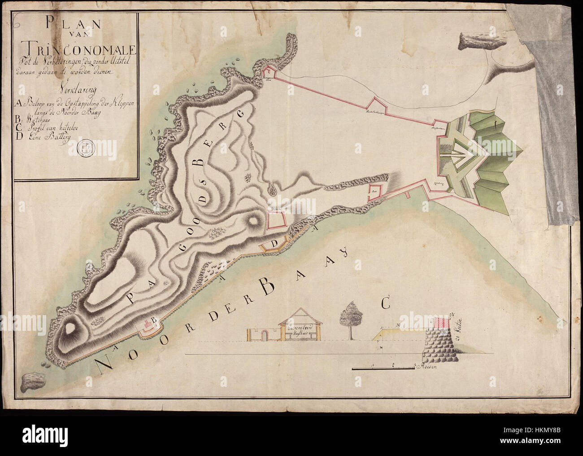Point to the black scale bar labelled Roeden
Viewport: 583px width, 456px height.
pos(383,368)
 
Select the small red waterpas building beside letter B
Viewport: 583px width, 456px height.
pos(147,324)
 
